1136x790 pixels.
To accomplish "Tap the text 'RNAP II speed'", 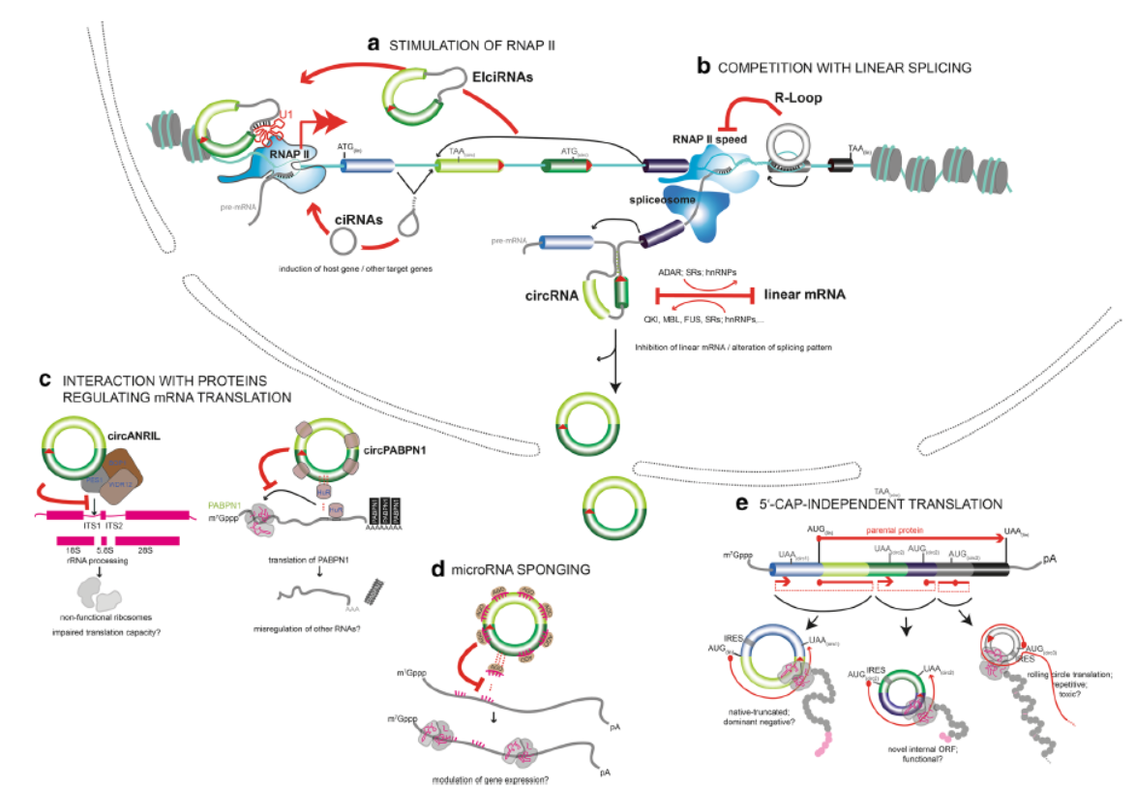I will (x=708, y=137).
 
